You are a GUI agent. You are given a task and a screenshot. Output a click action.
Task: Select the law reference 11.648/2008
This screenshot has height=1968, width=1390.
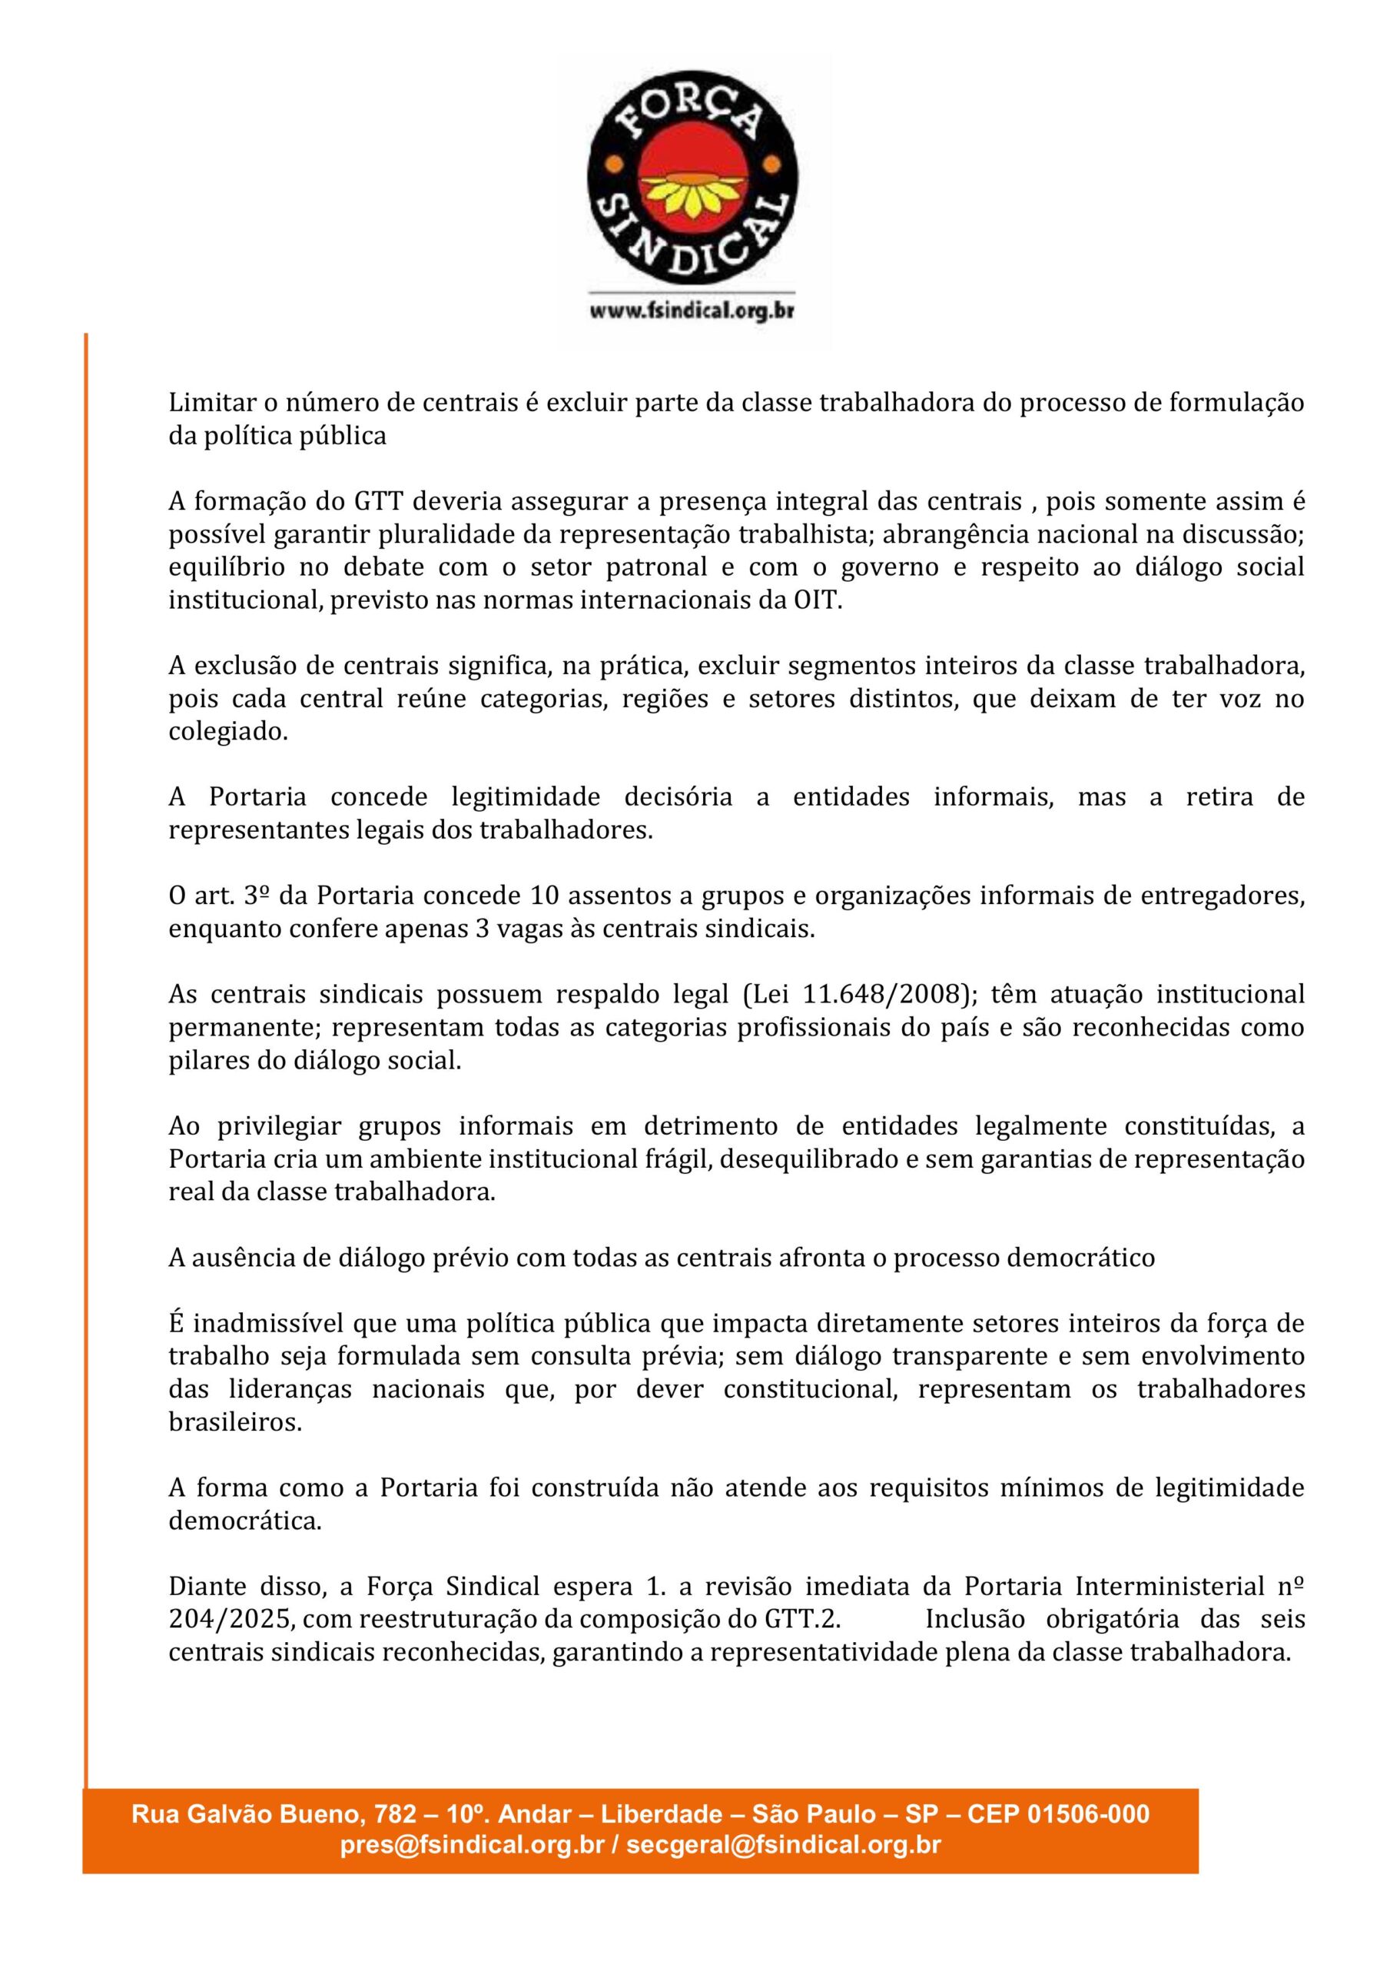point(880,994)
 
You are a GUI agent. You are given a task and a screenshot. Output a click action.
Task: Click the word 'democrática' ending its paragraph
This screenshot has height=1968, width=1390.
point(244,1521)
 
